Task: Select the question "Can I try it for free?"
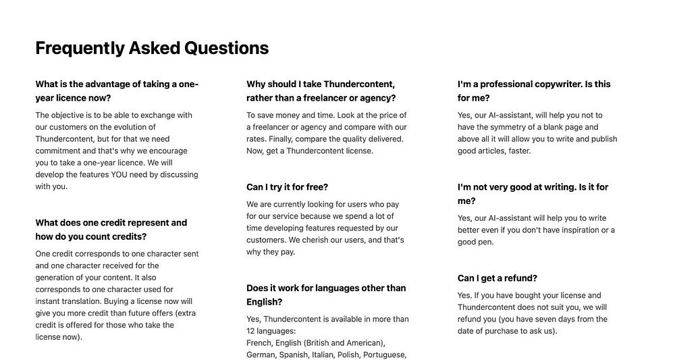pos(287,187)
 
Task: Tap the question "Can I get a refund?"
pos(497,278)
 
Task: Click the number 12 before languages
pos(251,331)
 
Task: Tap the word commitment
pos(59,151)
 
